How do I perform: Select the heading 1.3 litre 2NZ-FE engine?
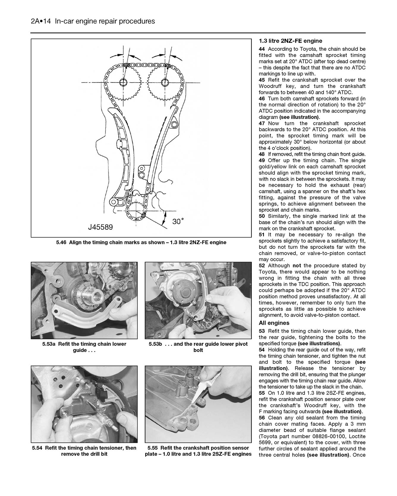tap(290, 41)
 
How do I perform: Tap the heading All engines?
tap(274, 323)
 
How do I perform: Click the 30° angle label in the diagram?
tap(178, 222)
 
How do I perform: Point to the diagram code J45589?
tap(100, 228)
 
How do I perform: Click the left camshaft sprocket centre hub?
tap(124, 82)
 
